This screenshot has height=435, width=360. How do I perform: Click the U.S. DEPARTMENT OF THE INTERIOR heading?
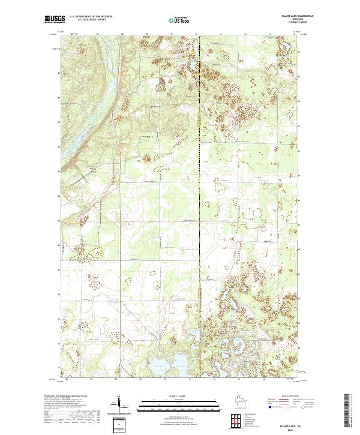91,16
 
